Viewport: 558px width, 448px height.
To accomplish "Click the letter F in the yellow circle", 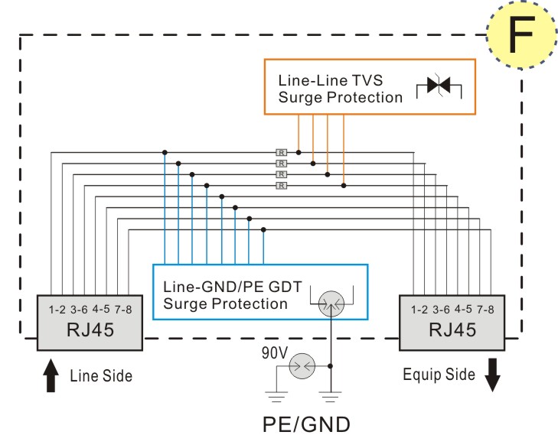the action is pyautogui.click(x=522, y=34).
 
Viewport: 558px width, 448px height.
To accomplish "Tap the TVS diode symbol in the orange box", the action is pyautogui.click(x=439, y=85).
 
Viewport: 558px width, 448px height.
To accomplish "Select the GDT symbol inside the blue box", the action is pyautogui.click(x=331, y=304).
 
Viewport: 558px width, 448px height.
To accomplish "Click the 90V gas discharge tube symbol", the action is pyautogui.click(x=302, y=366).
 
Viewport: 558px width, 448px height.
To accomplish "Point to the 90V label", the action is pyautogui.click(x=274, y=353).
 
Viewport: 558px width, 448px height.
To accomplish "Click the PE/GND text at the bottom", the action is pyautogui.click(x=306, y=424).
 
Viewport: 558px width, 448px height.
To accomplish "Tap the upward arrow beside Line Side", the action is pyautogui.click(x=51, y=375).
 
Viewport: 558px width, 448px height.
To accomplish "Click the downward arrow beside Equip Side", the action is pyautogui.click(x=492, y=375).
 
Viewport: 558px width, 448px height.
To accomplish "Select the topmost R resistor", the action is pyautogui.click(x=281, y=153).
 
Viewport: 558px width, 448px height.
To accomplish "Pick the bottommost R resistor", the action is pyautogui.click(x=281, y=186).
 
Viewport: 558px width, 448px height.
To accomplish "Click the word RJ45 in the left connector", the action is pyautogui.click(x=90, y=330).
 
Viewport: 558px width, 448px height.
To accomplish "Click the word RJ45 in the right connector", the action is pyautogui.click(x=452, y=330).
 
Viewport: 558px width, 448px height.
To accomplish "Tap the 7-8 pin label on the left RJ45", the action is pyautogui.click(x=123, y=310).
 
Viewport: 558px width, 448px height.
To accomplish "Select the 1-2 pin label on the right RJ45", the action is pyautogui.click(x=419, y=310).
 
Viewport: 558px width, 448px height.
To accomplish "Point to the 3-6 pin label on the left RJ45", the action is pyautogui.click(x=79, y=310).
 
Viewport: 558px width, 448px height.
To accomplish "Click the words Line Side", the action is pyautogui.click(x=101, y=376).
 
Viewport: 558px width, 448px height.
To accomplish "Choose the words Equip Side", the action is pyautogui.click(x=439, y=375).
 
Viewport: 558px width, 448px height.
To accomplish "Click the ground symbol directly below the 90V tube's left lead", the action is pyautogui.click(x=276, y=397).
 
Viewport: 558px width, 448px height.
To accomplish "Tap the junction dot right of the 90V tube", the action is pyautogui.click(x=330, y=366).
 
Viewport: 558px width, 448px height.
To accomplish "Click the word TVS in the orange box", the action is pyautogui.click(x=367, y=80).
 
